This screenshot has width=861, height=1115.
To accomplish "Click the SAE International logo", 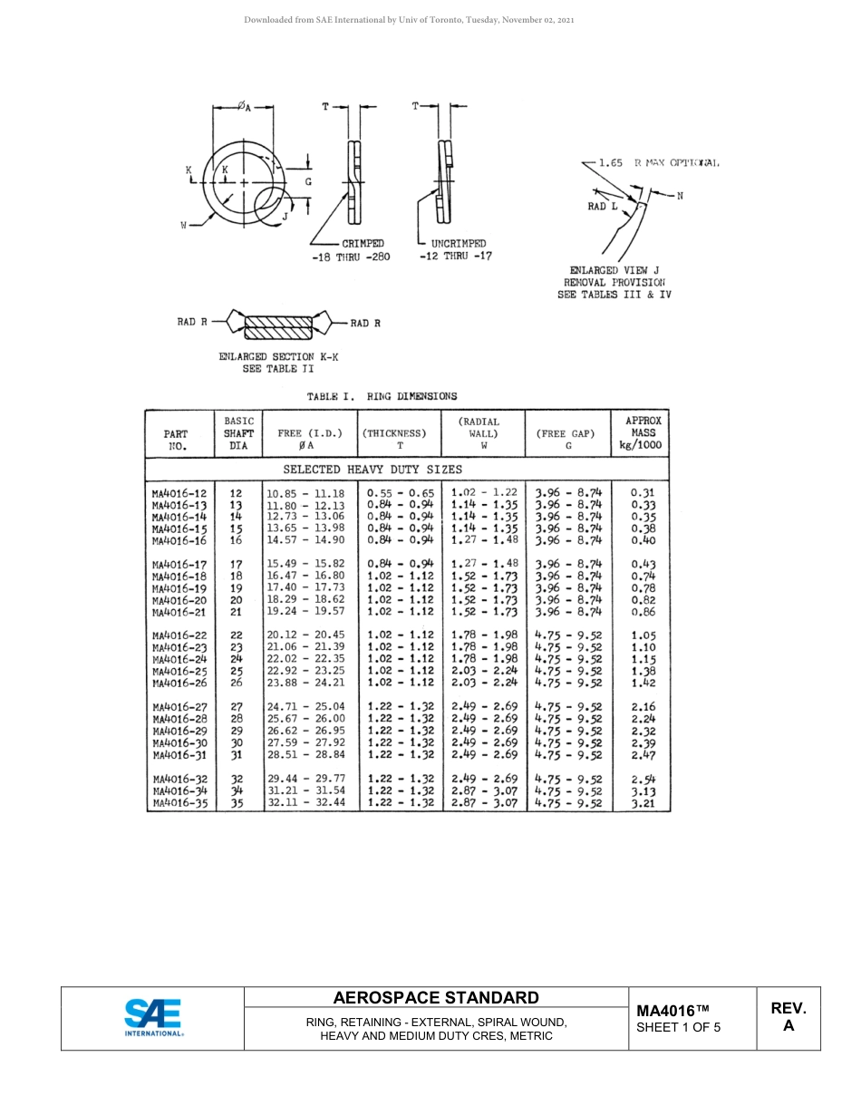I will (x=153, y=1017).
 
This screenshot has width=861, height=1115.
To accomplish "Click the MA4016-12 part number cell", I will (x=179, y=493).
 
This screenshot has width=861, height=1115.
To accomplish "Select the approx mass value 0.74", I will (x=643, y=576).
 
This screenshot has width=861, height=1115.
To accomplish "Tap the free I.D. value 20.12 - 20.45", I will (x=305, y=635).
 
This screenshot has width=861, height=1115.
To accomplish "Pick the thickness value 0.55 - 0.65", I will (x=400, y=493).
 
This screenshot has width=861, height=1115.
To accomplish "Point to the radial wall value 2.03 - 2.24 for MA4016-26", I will (x=484, y=683).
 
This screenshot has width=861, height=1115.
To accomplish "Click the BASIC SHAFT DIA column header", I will (x=238, y=433).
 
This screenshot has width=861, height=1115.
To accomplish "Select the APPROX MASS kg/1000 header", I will (x=643, y=432).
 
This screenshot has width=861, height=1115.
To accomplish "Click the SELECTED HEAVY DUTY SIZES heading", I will (x=372, y=470).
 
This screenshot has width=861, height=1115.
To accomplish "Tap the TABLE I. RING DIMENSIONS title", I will (x=382, y=396).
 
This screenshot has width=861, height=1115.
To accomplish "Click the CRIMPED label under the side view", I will (x=363, y=244).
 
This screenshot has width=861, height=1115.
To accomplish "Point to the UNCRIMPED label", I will (x=458, y=244).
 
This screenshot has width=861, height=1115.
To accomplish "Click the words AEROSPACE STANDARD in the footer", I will (x=436, y=998).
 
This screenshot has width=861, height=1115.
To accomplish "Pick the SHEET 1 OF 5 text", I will (x=679, y=1027).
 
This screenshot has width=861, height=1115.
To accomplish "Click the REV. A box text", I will (x=788, y=1017).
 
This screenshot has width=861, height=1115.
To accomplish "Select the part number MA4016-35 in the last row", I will (x=179, y=803).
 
